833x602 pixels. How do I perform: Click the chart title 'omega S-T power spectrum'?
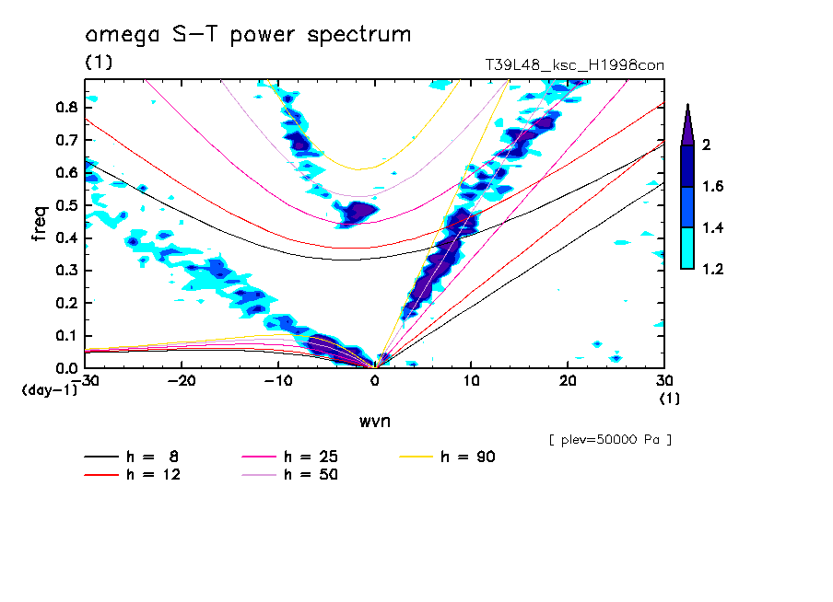[x=247, y=36]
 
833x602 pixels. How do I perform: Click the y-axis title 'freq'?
[x=40, y=224]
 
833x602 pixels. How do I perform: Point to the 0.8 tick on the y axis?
[x=65, y=108]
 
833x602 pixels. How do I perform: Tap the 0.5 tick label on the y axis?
[x=65, y=205]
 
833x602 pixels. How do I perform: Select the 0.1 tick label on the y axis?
[x=65, y=336]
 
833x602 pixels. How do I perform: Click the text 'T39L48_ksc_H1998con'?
[x=574, y=65]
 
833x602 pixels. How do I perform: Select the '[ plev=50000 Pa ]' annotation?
[x=609, y=440]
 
